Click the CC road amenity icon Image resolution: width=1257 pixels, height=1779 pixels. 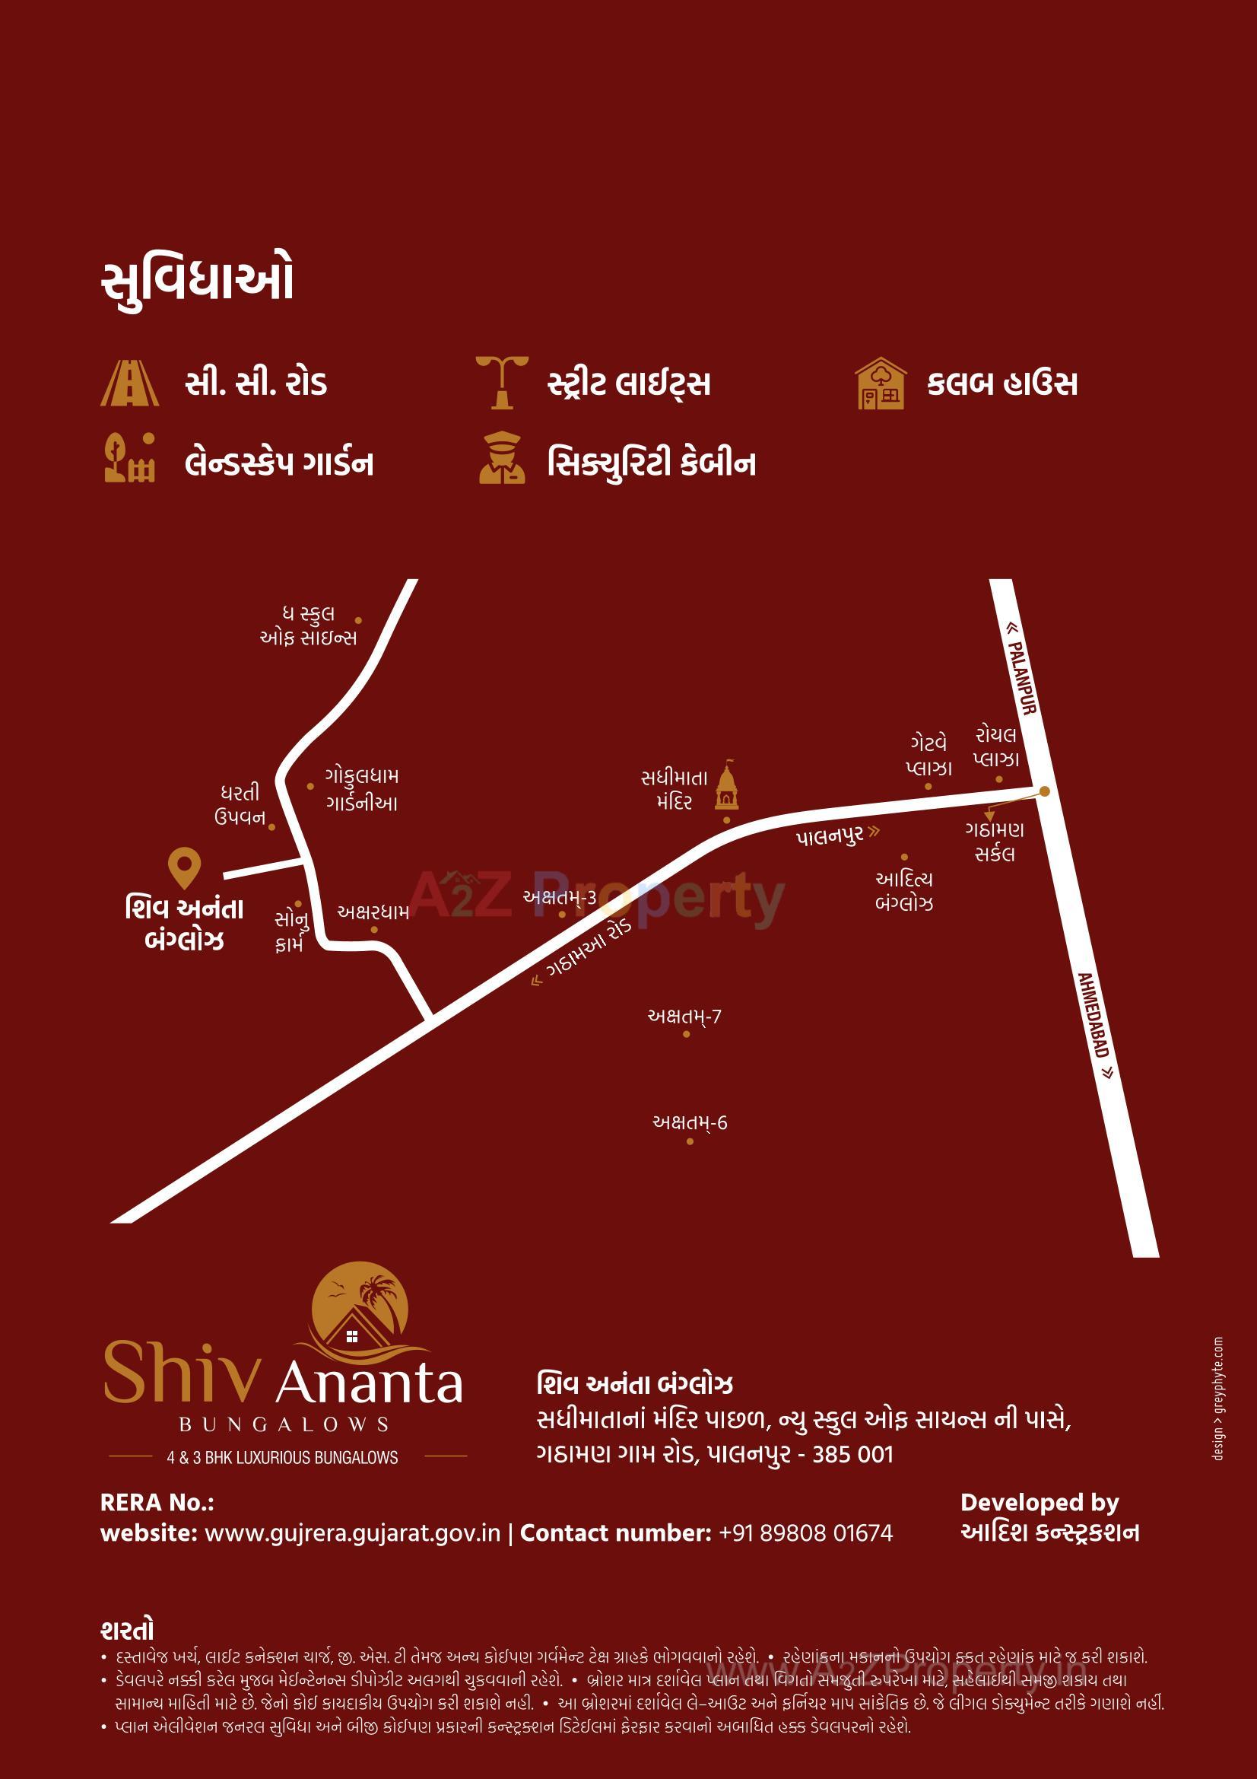point(129,383)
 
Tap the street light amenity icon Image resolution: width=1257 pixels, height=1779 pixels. point(502,382)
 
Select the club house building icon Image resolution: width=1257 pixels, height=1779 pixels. point(880,383)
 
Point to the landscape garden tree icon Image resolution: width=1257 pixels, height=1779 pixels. point(129,458)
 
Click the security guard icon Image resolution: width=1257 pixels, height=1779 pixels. point(501,459)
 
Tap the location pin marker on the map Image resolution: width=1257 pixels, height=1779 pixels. point(184,867)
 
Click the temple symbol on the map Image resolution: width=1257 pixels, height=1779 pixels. point(726,786)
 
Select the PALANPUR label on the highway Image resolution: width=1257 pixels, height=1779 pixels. point(1021,671)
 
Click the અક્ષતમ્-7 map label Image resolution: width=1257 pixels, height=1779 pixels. point(684,1016)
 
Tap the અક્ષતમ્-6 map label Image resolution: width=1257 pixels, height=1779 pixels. point(689,1123)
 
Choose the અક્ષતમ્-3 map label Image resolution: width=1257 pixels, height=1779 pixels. point(559,897)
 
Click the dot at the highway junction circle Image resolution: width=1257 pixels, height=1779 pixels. point(1044,791)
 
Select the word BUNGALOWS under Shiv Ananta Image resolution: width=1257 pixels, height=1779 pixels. point(284,1424)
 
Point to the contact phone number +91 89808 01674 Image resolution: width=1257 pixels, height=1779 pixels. point(805,1532)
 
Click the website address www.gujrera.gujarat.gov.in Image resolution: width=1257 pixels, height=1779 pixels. point(352,1532)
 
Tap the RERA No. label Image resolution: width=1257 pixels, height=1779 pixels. point(157,1502)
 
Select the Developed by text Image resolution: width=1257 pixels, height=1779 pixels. point(1040,1502)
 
